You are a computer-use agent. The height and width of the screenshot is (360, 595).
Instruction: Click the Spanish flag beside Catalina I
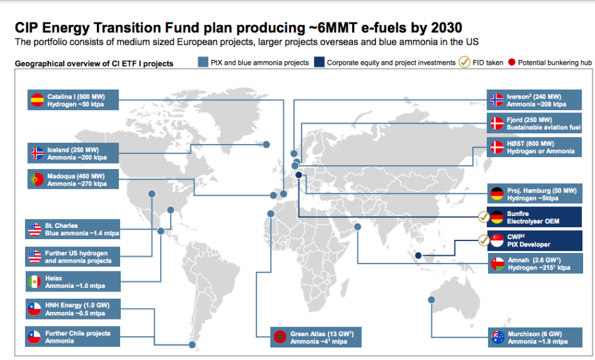point(37,100)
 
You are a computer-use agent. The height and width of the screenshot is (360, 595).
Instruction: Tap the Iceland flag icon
point(37,153)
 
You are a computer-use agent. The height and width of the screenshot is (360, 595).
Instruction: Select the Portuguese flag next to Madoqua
point(37,179)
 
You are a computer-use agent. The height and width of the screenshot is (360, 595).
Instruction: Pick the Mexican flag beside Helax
point(34,281)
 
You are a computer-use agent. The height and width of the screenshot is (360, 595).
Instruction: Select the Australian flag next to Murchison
point(497,337)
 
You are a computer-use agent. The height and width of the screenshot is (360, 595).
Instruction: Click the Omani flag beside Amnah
point(497,264)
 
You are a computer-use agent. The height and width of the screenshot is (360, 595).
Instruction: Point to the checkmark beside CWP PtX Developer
point(483,240)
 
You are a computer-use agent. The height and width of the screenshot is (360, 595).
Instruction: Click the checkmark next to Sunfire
point(483,217)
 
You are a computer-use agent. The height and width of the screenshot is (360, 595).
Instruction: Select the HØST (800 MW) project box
point(534,148)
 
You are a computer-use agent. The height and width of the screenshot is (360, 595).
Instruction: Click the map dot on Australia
point(433,300)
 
